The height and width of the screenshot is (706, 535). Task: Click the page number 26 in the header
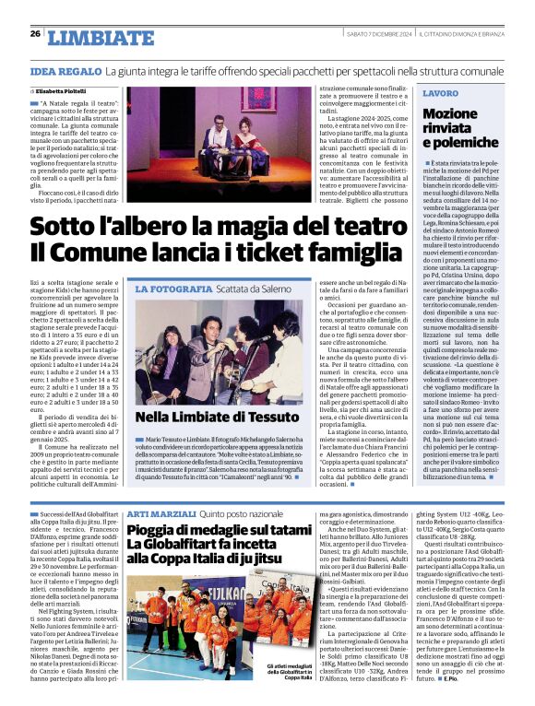[35, 34]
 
